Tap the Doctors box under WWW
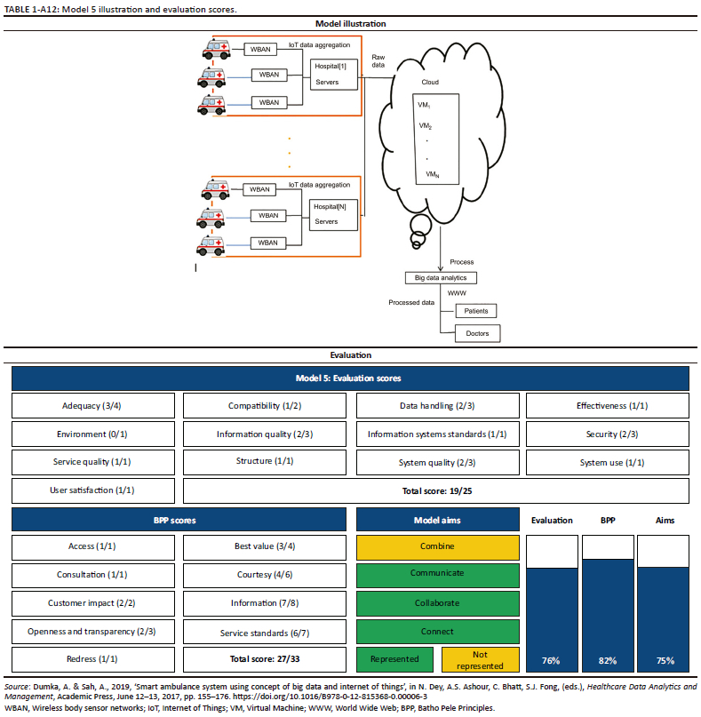[477, 334]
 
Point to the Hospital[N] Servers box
[331, 213]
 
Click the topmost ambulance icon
[219, 50]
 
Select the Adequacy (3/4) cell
[93, 406]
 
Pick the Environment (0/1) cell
[93, 434]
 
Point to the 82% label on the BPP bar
[607, 661]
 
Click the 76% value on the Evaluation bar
[552, 661]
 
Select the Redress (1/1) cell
[93, 660]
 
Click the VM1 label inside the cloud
[424, 105]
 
